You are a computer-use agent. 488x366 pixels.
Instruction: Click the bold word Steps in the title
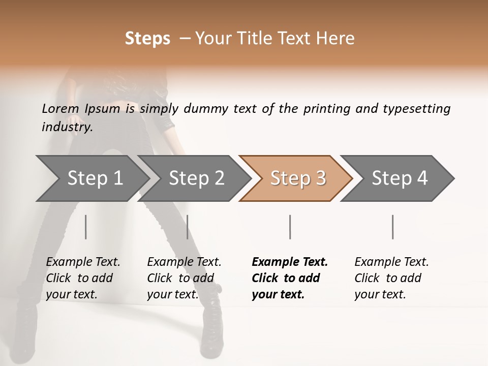(147, 39)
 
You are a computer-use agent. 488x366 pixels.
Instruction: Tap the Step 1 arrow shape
(91, 178)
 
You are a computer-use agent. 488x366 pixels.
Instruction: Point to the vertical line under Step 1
(85, 227)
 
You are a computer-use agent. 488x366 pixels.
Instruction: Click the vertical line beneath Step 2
(187, 227)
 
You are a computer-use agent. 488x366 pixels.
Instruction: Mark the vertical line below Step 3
(290, 227)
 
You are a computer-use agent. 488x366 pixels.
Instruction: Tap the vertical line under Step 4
(392, 227)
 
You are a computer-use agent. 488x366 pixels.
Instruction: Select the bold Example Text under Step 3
(290, 278)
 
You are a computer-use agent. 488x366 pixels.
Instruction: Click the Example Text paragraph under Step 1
(83, 278)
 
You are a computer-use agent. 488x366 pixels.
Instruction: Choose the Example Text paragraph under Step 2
(184, 278)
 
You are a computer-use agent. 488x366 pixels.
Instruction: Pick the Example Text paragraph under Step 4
(391, 278)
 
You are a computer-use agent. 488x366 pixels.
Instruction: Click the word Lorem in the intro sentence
(60, 108)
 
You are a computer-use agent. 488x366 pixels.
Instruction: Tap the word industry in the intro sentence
(67, 127)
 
